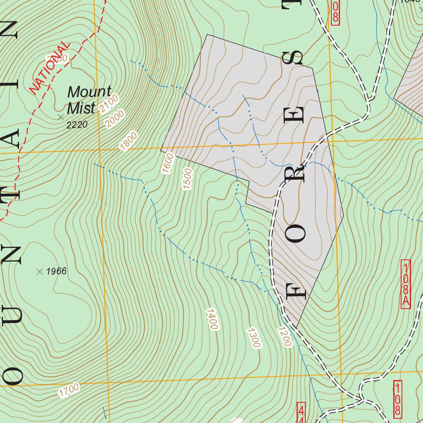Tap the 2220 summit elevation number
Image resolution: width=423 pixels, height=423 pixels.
pos(77,125)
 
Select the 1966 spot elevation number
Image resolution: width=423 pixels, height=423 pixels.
pos(56,271)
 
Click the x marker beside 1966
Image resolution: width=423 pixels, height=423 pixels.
pos(40,271)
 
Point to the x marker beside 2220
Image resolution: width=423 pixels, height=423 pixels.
pos(61,117)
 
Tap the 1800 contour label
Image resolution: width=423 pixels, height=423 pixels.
pos(128,141)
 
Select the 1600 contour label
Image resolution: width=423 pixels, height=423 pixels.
pos(169,163)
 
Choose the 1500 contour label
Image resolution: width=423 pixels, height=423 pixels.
pos(188,179)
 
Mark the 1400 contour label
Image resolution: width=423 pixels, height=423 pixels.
pos(211,319)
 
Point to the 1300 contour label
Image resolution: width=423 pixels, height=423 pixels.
pos(254,338)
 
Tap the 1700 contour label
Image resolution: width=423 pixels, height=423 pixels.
pos(69,390)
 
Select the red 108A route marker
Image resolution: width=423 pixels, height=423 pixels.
pos(406,284)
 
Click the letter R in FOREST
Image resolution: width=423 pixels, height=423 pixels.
pos(297,173)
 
